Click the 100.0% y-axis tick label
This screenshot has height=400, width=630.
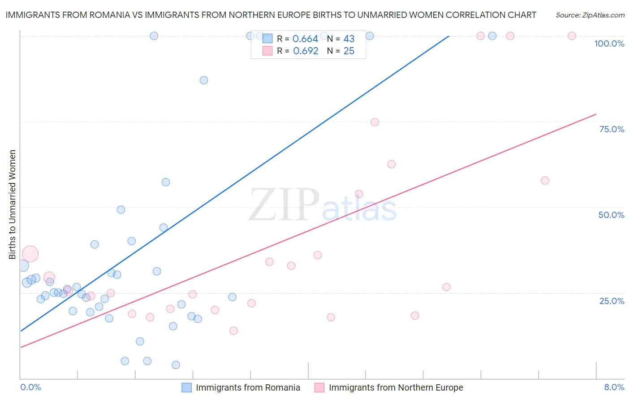(609, 43)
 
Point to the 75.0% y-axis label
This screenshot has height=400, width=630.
(612, 129)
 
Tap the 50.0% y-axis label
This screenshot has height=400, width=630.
(611, 215)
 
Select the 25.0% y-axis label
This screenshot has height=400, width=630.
(612, 301)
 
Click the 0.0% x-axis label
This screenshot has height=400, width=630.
(30, 387)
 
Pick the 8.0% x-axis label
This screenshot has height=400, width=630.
(614, 387)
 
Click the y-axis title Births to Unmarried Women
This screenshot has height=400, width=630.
(12, 204)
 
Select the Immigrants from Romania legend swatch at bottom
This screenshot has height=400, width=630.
(186, 387)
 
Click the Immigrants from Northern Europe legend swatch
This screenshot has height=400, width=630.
(319, 387)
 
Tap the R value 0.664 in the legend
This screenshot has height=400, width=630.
(305, 39)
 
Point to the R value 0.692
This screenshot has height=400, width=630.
(305, 51)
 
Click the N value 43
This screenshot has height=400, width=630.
(349, 39)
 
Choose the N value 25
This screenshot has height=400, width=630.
(349, 51)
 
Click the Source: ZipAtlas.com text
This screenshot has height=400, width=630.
(590, 15)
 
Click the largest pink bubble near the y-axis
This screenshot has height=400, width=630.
(30, 254)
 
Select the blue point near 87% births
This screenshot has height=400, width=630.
(204, 80)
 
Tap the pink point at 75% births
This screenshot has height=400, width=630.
(375, 122)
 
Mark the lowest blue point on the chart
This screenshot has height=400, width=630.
(176, 365)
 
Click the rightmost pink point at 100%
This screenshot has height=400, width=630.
(572, 36)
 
